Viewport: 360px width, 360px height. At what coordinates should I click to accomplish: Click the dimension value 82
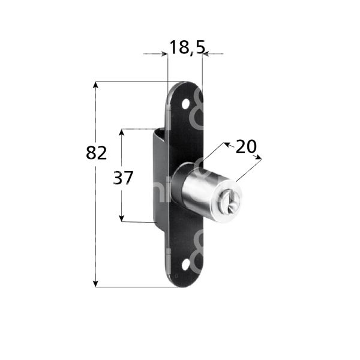coord(96,153)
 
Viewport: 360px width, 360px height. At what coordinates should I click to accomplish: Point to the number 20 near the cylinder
coord(245,147)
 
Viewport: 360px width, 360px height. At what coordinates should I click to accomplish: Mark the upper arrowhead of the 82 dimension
coord(95,86)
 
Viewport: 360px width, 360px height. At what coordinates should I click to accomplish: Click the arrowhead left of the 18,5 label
coord(163,54)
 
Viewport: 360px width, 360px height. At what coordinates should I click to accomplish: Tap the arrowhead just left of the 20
coord(226,144)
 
